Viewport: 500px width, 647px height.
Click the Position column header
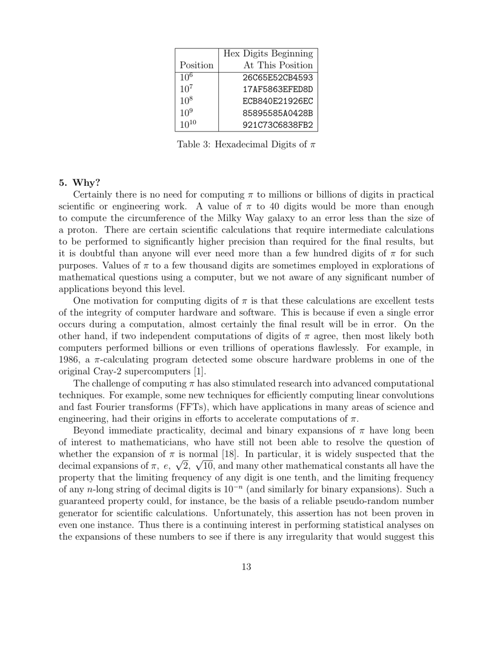point(196,66)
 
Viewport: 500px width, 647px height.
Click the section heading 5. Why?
point(79,183)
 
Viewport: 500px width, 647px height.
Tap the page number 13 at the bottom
point(246,567)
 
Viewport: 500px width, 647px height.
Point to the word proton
point(82,230)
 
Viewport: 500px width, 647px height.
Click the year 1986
point(69,360)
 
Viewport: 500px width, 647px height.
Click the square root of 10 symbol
point(204,466)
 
